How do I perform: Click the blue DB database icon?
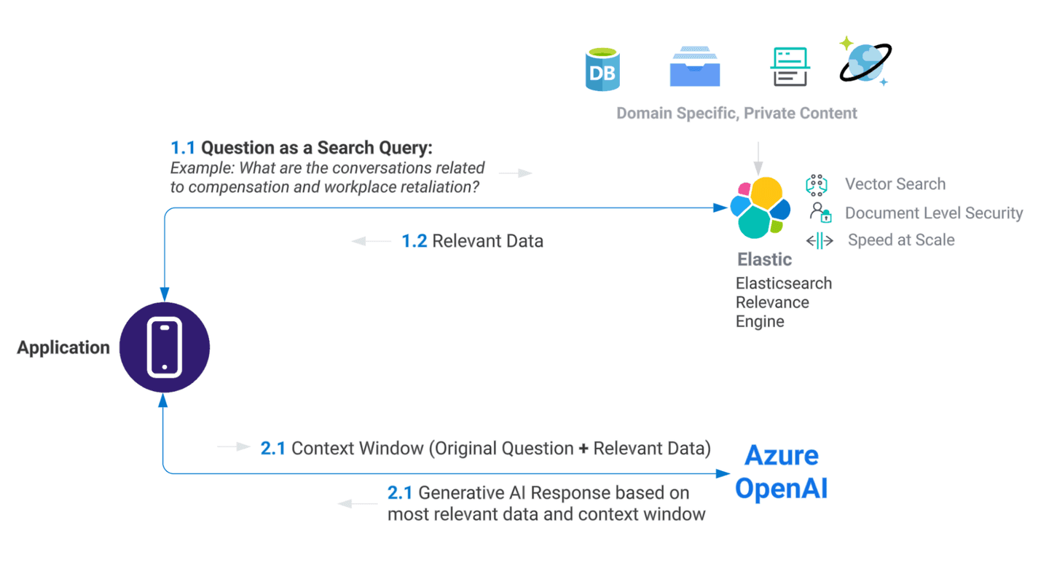(602, 69)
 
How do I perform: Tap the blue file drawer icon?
(695, 67)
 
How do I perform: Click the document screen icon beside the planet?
(790, 67)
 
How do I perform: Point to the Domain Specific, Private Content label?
(736, 114)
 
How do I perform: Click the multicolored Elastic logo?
(760, 208)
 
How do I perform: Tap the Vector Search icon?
(817, 185)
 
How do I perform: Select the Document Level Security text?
(934, 213)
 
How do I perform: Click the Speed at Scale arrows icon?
(820, 241)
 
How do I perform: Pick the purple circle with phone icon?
(165, 347)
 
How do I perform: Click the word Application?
(63, 348)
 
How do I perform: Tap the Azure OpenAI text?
(782, 473)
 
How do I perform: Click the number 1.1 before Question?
(183, 148)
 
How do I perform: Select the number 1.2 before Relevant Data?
(415, 241)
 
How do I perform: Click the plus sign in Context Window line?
(583, 449)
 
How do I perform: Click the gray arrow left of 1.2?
(371, 241)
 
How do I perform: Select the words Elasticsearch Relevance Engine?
(783, 302)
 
